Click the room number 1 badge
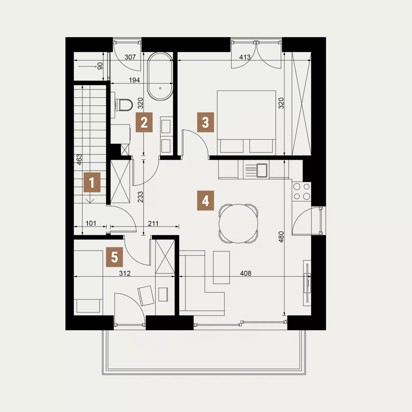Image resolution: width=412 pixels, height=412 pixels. click(92, 182)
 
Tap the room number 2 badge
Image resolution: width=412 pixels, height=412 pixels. click(144, 122)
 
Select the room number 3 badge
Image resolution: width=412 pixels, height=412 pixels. click(205, 122)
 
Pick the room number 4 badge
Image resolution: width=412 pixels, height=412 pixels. click(205, 201)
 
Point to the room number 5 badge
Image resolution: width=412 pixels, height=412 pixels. click(114, 257)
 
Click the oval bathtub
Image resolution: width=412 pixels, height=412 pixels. click(160, 76)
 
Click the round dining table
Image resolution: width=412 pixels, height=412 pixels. click(238, 224)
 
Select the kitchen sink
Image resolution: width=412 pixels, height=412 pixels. click(262, 171)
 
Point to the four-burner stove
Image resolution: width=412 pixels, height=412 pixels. click(302, 191)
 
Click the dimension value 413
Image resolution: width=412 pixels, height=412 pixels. click(245, 57)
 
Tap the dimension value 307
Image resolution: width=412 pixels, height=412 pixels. click(130, 57)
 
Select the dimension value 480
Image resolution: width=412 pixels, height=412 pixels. click(281, 237)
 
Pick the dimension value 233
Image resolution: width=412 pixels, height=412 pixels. click(140, 197)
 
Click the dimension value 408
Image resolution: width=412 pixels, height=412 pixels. click(245, 273)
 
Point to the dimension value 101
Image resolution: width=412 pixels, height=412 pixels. click(91, 223)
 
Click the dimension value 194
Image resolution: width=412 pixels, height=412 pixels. click(134, 80)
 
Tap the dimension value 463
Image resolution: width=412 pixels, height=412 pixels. click(79, 159)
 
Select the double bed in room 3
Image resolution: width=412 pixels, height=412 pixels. click(246, 123)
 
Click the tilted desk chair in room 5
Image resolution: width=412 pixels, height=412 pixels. click(146, 296)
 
